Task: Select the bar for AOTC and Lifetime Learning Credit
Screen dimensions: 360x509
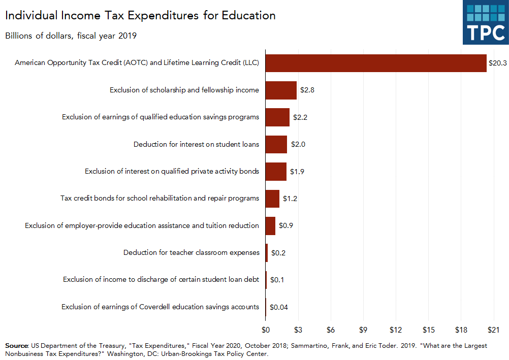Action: coord(375,63)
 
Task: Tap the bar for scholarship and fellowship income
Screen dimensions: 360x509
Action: coord(281,90)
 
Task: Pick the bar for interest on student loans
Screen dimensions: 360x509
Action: coord(276,144)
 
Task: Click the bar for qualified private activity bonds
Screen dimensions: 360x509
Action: coord(275,171)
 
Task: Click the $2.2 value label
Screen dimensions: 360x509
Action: coord(300,117)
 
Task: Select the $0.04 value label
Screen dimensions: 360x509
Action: coord(279,307)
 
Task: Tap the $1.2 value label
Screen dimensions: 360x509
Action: coord(290,199)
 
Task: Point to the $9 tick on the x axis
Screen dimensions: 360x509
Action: coord(363,330)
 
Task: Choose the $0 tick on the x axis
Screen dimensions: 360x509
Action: coord(265,330)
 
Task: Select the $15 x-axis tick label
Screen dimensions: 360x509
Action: coord(428,330)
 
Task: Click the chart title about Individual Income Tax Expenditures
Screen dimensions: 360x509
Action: coord(140,15)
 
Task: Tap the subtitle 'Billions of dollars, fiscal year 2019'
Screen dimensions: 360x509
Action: coord(71,36)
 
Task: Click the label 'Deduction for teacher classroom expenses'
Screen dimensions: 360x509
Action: coord(191,252)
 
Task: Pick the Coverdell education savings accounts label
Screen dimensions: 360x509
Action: coord(160,307)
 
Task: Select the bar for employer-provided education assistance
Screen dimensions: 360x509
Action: coord(270,225)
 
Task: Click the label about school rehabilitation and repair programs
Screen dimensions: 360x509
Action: coord(160,198)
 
